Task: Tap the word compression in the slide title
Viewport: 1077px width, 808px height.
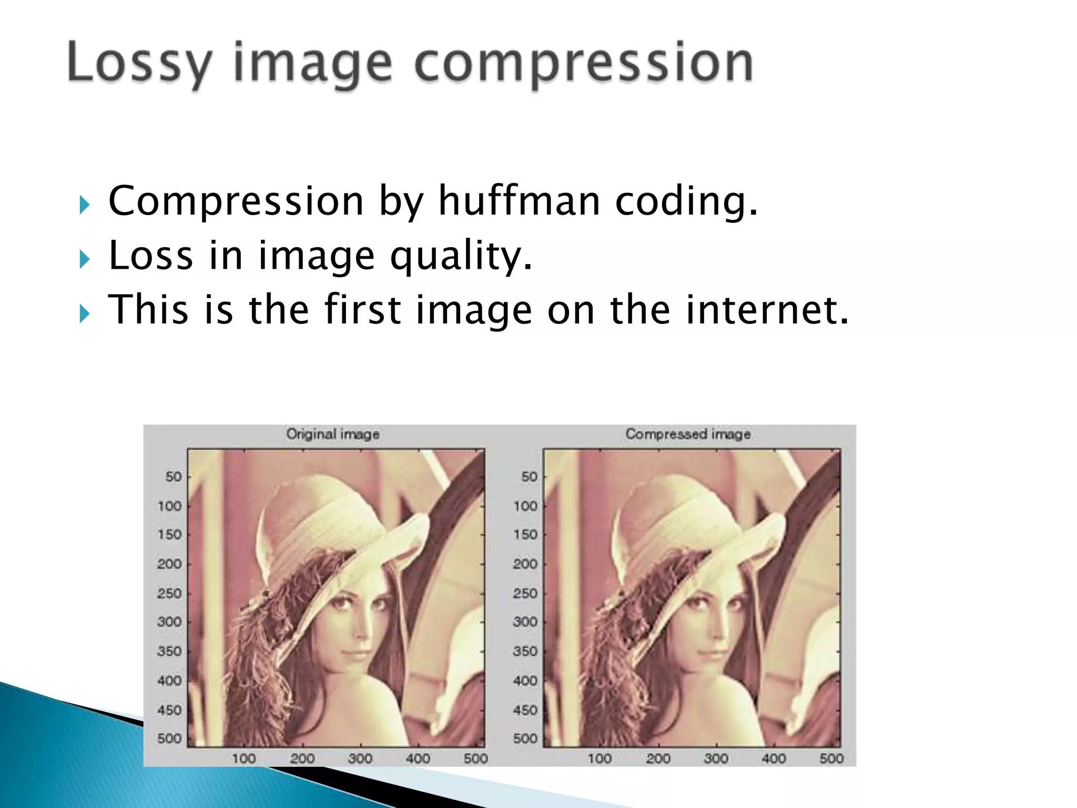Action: click(x=584, y=63)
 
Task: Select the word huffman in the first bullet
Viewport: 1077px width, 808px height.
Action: click(x=519, y=201)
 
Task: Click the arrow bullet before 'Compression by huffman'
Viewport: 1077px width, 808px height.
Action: click(x=85, y=205)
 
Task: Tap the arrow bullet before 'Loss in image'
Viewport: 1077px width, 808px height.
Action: click(x=85, y=259)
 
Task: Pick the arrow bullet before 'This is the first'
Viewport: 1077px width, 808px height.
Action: click(x=85, y=314)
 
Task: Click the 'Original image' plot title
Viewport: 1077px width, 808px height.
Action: click(x=333, y=434)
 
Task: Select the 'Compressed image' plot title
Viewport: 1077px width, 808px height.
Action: click(x=688, y=434)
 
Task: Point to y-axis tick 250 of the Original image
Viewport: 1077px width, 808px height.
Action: click(x=169, y=593)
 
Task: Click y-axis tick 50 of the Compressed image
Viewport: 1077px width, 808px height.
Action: click(x=529, y=477)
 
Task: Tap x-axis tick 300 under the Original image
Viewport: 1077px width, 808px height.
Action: click(x=360, y=759)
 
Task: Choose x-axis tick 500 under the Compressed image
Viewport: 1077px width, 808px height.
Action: click(x=831, y=759)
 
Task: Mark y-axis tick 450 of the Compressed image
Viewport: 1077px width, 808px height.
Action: click(x=525, y=710)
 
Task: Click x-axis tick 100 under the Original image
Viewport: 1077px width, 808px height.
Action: click(x=244, y=759)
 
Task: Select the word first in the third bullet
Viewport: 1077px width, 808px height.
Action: click(x=363, y=310)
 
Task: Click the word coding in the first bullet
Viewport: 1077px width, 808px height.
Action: click(x=686, y=201)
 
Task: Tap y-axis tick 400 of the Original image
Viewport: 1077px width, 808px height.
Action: click(x=169, y=681)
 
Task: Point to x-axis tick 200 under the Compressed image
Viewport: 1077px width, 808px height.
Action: click(x=658, y=759)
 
